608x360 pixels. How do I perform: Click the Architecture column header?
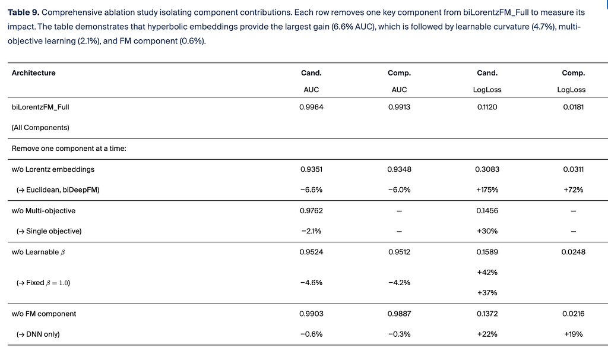(x=33, y=73)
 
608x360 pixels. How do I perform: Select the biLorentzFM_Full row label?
(x=40, y=107)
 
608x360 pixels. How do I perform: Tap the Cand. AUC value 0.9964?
(x=311, y=107)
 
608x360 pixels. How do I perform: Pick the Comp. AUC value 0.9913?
(x=399, y=107)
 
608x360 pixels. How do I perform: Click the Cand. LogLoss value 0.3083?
(x=487, y=169)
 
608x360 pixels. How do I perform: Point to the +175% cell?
(x=487, y=190)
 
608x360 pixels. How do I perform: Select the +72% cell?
(x=573, y=190)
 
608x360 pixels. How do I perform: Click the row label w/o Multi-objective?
(x=43, y=211)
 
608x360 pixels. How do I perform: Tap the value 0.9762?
(x=311, y=211)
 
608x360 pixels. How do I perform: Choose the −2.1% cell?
(x=311, y=231)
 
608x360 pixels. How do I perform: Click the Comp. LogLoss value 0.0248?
(x=573, y=252)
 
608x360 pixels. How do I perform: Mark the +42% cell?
(x=487, y=272)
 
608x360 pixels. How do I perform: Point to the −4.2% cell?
(x=399, y=282)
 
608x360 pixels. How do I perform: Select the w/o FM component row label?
(x=44, y=314)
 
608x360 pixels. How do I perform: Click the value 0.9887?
(x=399, y=314)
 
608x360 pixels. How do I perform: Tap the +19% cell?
(x=573, y=334)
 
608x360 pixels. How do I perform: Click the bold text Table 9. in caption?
(x=24, y=12)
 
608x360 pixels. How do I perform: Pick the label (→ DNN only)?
(x=38, y=334)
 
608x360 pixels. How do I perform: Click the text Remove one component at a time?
(x=69, y=149)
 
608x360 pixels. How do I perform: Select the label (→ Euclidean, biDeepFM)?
(x=58, y=190)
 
